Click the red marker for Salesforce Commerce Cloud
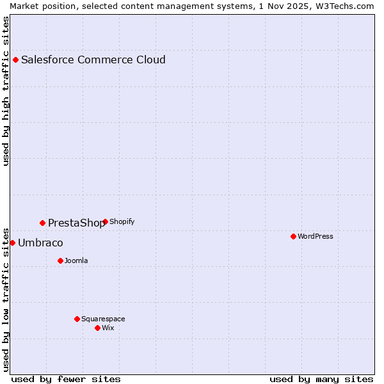pos(16,60)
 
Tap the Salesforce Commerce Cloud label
pos(93,60)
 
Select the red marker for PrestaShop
pos(43,223)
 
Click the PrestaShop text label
pos(76,223)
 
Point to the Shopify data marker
pos(105,222)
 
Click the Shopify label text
pos(122,222)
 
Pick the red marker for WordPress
pos(294,236)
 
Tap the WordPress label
pos(316,236)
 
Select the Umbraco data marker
pos(12,243)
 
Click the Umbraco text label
pos(40,243)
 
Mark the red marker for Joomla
pos(60,260)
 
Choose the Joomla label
pos(76,260)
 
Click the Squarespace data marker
pos(77,319)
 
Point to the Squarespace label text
pos(103,319)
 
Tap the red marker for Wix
pos(97,328)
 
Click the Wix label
pos(108,328)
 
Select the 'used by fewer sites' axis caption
pos(66,379)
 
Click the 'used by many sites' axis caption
pos(321,379)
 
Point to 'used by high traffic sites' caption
pos(6,91)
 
